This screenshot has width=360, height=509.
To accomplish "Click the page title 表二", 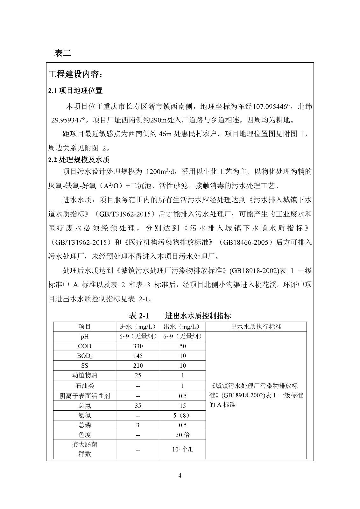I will (63, 53).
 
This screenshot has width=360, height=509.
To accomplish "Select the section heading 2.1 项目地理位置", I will (75, 91).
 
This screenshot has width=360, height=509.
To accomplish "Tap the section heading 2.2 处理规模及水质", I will (79, 160).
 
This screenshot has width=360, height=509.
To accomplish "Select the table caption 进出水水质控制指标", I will (198, 316).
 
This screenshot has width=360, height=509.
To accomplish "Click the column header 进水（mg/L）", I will (138, 327).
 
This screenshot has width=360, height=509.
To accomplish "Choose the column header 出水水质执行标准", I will (256, 327).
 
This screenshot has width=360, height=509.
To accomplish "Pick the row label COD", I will (84, 346).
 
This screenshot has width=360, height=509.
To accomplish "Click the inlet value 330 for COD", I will (138, 346).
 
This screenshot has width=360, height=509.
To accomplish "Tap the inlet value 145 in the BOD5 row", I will (138, 356).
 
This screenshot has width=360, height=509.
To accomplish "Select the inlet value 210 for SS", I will (138, 366).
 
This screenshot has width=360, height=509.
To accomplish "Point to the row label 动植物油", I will (84, 375).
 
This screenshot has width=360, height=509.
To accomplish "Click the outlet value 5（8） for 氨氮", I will (183, 415).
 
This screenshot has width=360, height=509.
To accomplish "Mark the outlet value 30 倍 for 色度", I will (183, 435).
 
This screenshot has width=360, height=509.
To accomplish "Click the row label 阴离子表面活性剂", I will (84, 396).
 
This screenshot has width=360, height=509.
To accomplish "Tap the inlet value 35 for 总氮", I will (138, 406).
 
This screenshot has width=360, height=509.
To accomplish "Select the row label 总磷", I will (84, 425).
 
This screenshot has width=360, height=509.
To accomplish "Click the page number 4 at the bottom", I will (180, 476).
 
